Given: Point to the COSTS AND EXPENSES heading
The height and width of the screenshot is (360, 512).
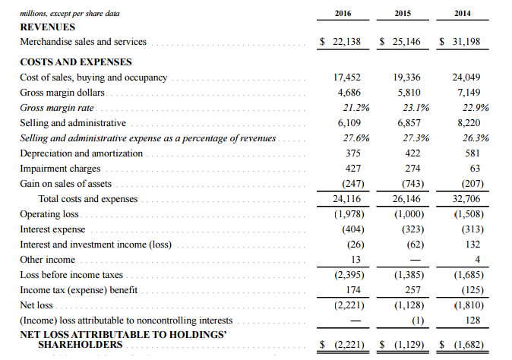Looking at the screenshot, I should point(75,62).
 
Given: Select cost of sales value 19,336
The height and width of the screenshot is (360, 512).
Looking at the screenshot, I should point(408,77).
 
